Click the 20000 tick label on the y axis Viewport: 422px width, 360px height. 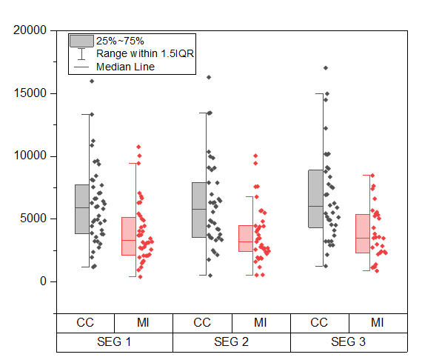click(30, 30)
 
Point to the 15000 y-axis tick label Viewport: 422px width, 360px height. click(30, 93)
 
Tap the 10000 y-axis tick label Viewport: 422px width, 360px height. click(30, 156)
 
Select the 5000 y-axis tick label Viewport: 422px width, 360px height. click(33, 219)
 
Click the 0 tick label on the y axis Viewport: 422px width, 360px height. click(42, 281)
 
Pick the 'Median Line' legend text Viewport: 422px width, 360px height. click(125, 67)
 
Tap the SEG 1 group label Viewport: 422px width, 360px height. click(115, 343)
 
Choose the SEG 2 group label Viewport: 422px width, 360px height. click(232, 343)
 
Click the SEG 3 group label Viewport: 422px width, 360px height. click(349, 343)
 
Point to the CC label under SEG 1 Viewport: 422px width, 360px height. click(85, 323)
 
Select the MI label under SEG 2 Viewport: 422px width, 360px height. click(261, 323)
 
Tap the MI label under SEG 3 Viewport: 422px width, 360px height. click(378, 323)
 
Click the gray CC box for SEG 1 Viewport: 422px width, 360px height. click(82, 210)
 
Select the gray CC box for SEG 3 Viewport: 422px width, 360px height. click(316, 199)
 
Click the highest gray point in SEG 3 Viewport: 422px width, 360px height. click(326, 67)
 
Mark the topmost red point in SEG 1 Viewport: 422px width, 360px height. click(138, 147)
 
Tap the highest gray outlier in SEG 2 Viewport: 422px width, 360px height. click(209, 77)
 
